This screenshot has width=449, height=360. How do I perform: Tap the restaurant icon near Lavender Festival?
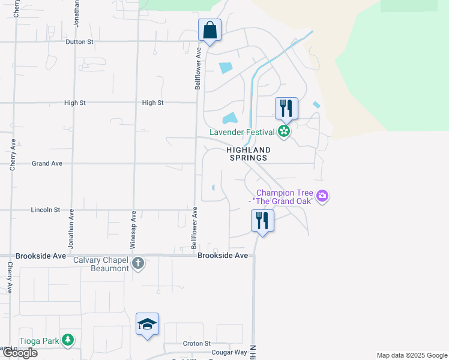pyautogui.click(x=286, y=109)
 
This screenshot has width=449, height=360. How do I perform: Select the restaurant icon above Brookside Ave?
pyautogui.click(x=262, y=221)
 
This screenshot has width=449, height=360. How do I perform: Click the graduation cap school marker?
pyautogui.click(x=147, y=324)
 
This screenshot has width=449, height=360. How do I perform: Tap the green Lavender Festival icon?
pyautogui.click(x=284, y=131)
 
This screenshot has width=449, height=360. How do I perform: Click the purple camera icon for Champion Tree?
pyautogui.click(x=323, y=196)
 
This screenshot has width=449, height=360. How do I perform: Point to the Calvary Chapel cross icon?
pyautogui.click(x=137, y=263)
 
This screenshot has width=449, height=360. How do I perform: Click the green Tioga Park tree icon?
pyautogui.click(x=68, y=340)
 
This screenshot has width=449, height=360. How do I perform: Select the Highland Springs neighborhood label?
pyautogui.click(x=248, y=154)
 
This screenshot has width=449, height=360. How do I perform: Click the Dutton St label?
pyautogui.click(x=79, y=42)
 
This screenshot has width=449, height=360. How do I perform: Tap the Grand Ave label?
pyautogui.click(x=47, y=163)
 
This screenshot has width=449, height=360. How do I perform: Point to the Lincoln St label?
pyautogui.click(x=45, y=210)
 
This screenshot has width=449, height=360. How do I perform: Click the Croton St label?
pyautogui.click(x=197, y=343)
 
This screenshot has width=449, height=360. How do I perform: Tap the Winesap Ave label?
pyautogui.click(x=133, y=230)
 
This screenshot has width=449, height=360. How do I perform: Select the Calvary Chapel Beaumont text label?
pyautogui.click(x=101, y=264)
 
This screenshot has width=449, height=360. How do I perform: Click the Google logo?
pyautogui.click(x=20, y=353)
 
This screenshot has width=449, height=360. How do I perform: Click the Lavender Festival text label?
pyautogui.click(x=242, y=132)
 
